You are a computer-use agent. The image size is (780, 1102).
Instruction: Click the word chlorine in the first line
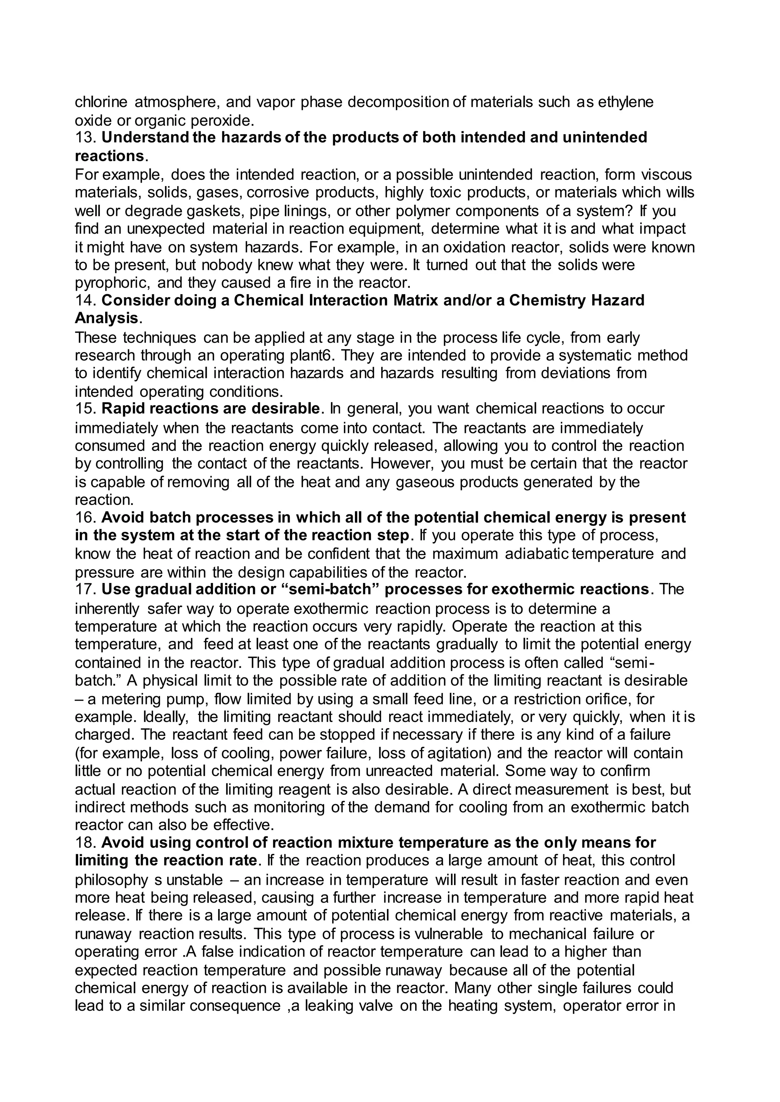click(x=101, y=102)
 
